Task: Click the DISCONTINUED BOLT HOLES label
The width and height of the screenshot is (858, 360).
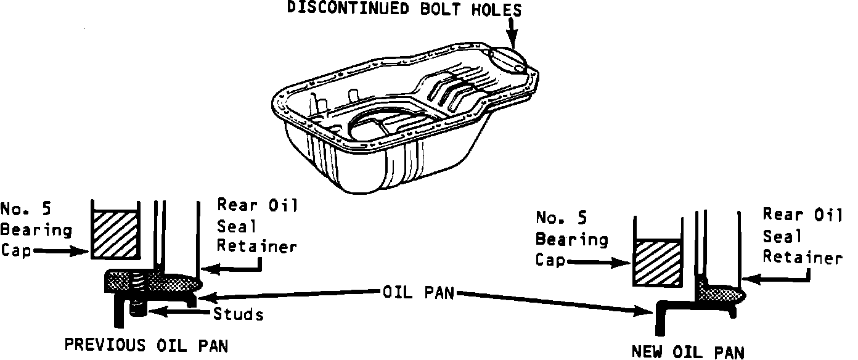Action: [x=404, y=10]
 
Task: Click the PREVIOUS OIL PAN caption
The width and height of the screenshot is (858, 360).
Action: [x=146, y=346]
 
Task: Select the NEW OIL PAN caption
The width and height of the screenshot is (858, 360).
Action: [x=688, y=352]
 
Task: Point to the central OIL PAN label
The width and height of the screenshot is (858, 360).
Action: [x=417, y=292]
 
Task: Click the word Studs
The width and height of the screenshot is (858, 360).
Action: [x=239, y=314]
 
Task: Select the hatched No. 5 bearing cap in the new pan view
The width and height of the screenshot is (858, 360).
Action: [x=658, y=264]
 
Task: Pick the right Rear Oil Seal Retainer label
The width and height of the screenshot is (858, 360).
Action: [x=802, y=235]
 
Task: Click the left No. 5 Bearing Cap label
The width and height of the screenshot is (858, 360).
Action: [x=35, y=229]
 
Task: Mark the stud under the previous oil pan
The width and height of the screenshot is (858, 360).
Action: [x=137, y=306]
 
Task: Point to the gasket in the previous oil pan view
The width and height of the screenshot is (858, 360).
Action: [x=154, y=282]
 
